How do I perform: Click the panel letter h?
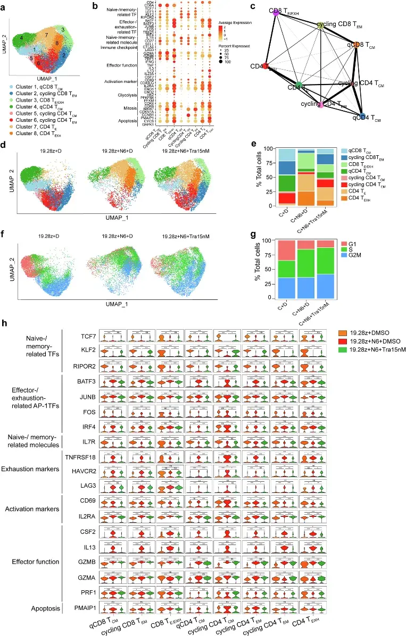click(5, 323)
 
